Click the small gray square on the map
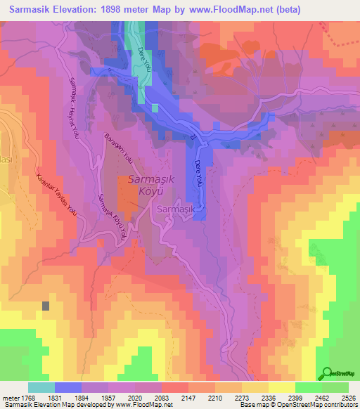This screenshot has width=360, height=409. [46, 306]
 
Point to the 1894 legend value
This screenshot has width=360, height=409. [85, 398]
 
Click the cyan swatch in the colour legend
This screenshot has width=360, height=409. [41, 387]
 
